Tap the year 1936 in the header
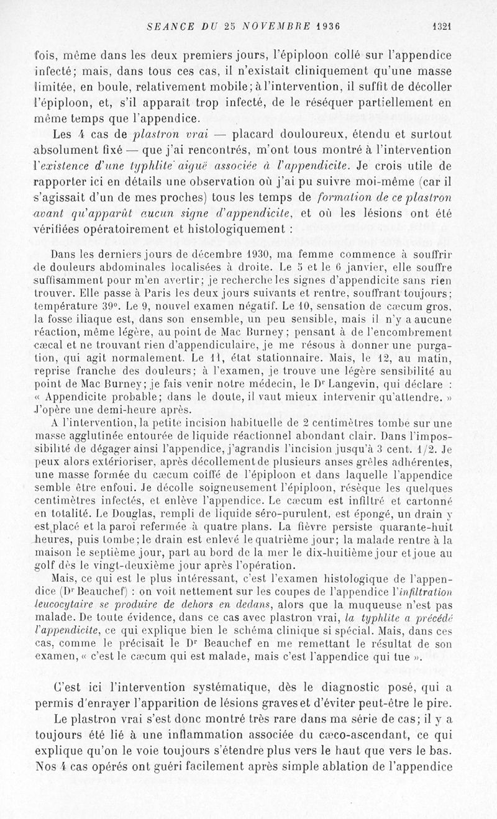[x=331, y=27]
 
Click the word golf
[x=65, y=566]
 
